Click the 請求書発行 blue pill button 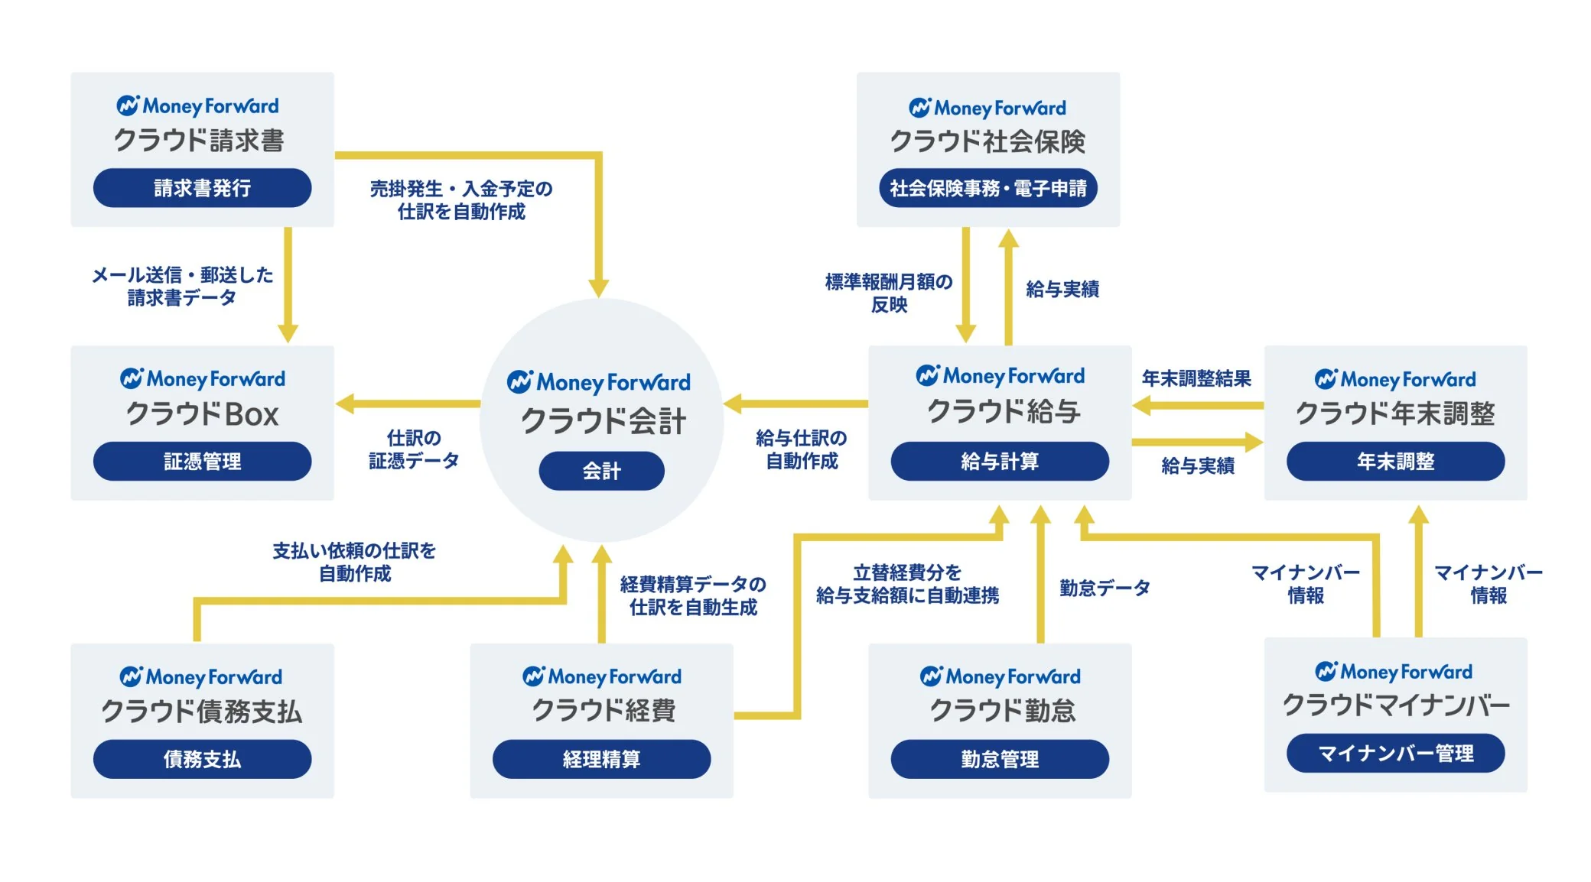tap(202, 188)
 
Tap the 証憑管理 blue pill tap(202, 461)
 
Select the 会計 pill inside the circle tap(601, 471)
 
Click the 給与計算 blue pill tap(999, 461)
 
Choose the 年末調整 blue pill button tap(1395, 461)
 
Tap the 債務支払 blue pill tap(202, 759)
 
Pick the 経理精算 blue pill tap(601, 759)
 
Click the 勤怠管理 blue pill tap(999, 759)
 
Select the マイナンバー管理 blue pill tap(1395, 754)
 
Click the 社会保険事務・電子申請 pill tap(987, 188)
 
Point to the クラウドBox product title tap(202, 414)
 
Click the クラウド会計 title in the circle tap(603, 421)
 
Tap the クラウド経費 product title tap(603, 711)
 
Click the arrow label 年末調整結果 tap(1196, 378)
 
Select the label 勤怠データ tap(1105, 588)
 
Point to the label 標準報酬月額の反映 tap(889, 293)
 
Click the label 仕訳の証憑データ tap(414, 449)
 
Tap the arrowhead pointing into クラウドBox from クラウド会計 tap(346, 403)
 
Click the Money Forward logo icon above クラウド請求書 tap(127, 105)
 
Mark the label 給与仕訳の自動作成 tap(802, 449)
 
